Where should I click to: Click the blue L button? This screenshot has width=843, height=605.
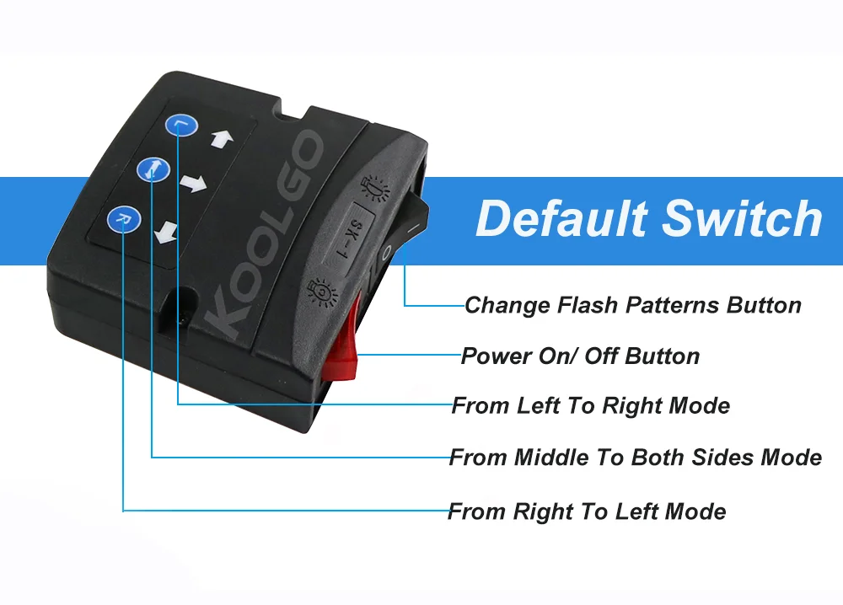tap(182, 126)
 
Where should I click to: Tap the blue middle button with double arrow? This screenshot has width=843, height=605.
tap(153, 169)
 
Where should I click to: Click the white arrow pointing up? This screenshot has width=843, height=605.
tap(222, 139)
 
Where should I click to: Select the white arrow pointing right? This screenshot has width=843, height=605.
tap(193, 183)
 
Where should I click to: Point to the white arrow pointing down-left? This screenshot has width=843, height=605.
tap(165, 233)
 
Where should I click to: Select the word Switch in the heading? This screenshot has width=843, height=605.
tap(742, 217)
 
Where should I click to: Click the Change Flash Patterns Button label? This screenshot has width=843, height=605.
tap(633, 305)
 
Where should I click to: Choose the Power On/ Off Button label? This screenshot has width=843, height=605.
tap(580, 356)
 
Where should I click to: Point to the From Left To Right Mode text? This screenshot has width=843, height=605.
tap(590, 405)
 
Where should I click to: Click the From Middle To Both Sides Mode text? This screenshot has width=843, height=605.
tap(635, 458)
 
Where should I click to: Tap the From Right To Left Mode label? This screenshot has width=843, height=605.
tap(587, 511)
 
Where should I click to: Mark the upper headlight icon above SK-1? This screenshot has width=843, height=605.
tap(375, 188)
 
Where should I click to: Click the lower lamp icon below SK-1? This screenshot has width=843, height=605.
tap(321, 292)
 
